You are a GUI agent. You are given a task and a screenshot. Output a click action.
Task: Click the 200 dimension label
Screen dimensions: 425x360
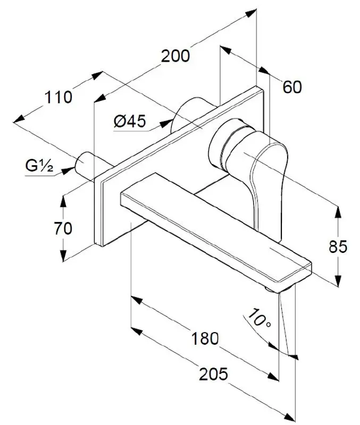(175, 56)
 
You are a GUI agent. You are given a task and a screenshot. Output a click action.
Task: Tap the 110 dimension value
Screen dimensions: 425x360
(58, 97)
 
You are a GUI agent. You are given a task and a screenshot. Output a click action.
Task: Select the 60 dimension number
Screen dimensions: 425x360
(292, 87)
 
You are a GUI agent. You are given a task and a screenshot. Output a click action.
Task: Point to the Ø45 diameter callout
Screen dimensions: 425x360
(129, 122)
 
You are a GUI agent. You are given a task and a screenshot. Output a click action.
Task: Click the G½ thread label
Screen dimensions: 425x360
(39, 167)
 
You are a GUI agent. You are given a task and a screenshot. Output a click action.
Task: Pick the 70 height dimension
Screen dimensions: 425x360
(63, 228)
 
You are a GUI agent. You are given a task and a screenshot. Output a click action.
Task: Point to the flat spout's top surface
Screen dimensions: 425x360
(213, 223)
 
